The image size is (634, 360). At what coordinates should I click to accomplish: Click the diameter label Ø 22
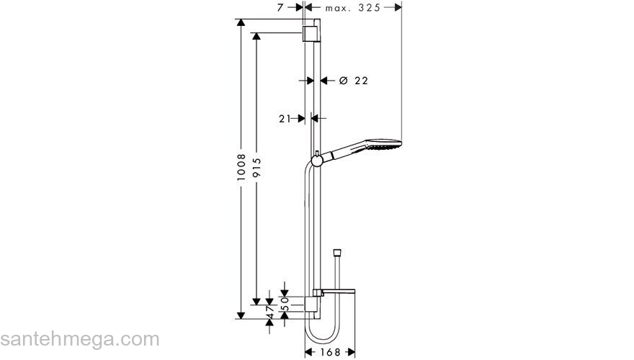click(x=353, y=81)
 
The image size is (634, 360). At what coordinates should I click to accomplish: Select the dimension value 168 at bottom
click(x=330, y=352)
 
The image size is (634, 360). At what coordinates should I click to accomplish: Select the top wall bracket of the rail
click(x=310, y=33)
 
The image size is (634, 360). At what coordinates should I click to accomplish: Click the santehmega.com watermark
click(x=79, y=338)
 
